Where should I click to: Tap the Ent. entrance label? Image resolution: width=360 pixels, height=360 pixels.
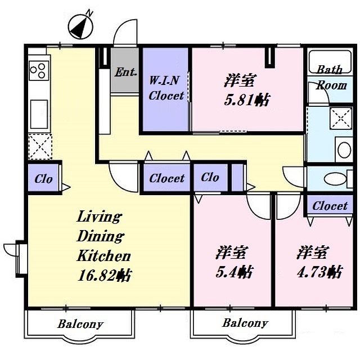(x=125, y=72)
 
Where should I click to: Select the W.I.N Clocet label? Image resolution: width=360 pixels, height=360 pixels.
(x=166, y=88)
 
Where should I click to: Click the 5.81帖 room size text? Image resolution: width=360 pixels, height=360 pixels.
(x=247, y=100)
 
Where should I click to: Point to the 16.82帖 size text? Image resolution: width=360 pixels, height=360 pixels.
(x=104, y=275)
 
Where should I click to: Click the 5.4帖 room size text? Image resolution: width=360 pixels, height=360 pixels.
(x=235, y=272)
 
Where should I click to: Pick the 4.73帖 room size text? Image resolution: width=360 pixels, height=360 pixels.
(x=319, y=272)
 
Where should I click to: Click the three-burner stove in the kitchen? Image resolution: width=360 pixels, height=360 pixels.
(x=39, y=70)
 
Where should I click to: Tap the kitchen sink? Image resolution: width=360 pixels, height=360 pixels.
(x=39, y=114)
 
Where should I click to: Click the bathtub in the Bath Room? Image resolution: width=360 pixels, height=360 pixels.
(x=330, y=61)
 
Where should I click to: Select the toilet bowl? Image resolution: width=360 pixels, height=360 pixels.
(x=335, y=179)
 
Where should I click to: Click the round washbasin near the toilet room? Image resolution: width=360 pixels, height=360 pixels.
(x=344, y=150)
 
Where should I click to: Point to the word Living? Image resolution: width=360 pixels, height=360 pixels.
(x=99, y=217)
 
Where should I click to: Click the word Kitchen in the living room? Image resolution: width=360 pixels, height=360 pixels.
(x=103, y=255)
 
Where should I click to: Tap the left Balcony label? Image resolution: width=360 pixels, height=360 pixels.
(x=80, y=324)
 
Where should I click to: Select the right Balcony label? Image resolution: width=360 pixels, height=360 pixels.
(x=245, y=323)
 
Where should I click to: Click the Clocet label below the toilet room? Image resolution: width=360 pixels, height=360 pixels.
(x=330, y=206)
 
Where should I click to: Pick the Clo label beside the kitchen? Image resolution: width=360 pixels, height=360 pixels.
(x=43, y=179)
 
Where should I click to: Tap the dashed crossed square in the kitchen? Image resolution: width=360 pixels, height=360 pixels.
(x=40, y=147)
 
